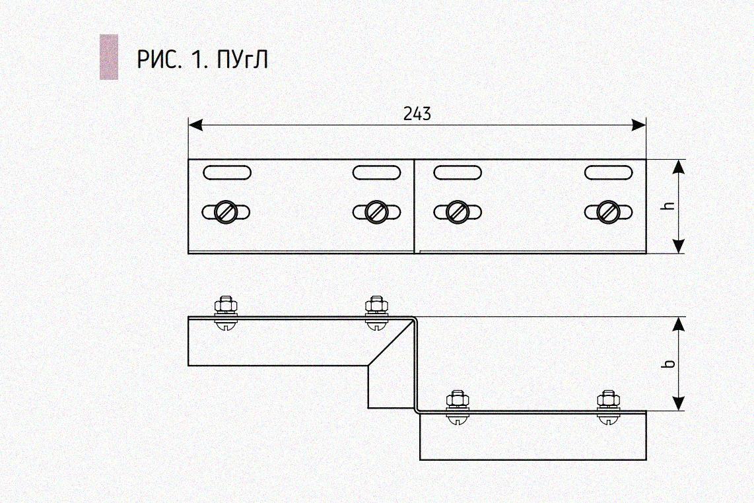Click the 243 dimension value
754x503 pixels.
[x=417, y=114]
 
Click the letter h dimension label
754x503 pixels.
[x=668, y=206]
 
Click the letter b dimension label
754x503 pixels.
[x=668, y=364]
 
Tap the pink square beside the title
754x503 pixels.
[x=109, y=57]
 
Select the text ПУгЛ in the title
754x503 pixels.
[x=242, y=60]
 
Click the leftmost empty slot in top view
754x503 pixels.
[x=226, y=173]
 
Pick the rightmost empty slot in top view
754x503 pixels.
[x=608, y=173]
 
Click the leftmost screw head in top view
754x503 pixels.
[x=226, y=212]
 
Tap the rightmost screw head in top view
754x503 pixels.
[x=607, y=212]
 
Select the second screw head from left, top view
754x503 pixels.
[x=376, y=212]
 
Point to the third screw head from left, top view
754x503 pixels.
[x=457, y=212]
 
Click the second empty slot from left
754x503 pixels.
[x=376, y=173]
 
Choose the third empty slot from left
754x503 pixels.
[x=457, y=173]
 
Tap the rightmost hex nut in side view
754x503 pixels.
[x=607, y=399]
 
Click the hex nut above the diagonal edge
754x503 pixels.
[x=376, y=306]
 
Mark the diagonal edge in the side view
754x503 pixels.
[x=388, y=345]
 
